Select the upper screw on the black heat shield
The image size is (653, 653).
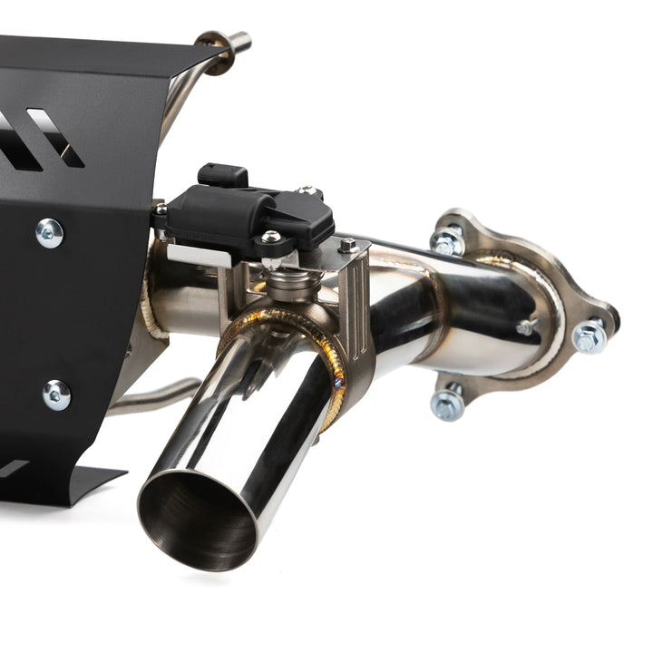49,233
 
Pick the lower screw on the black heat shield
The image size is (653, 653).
56,395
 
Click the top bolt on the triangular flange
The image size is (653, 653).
447,239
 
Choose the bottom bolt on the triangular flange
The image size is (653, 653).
448,402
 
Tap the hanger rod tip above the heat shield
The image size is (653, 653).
240,40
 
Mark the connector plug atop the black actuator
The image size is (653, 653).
222,174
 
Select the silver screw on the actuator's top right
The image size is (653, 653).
309,192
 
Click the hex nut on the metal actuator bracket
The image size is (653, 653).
348,245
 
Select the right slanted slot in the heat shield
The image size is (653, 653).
55,136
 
